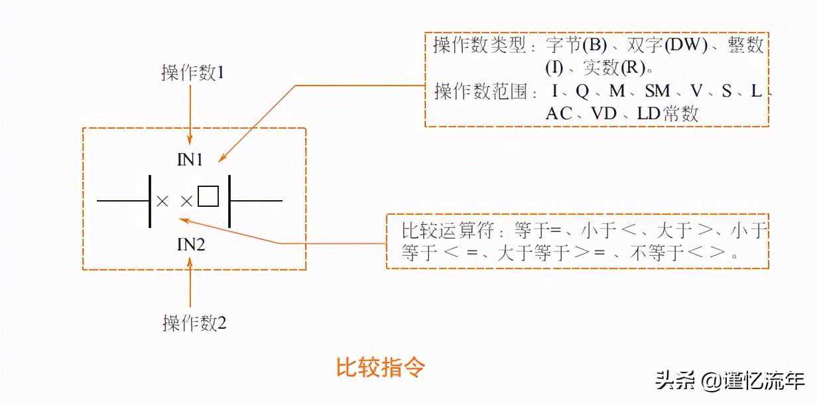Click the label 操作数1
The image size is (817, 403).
coord(193,72)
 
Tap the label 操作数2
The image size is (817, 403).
coord(194,323)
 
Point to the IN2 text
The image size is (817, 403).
coord(190,245)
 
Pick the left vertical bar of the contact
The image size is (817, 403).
coord(150,200)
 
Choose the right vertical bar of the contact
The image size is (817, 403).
coord(229,200)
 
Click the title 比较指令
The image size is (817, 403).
coord(380,368)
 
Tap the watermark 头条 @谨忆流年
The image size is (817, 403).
coord(729,381)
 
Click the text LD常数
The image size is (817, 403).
coord(668,113)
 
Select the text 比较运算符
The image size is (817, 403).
coord(441,231)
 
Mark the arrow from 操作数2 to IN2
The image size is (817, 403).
coord(190,285)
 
